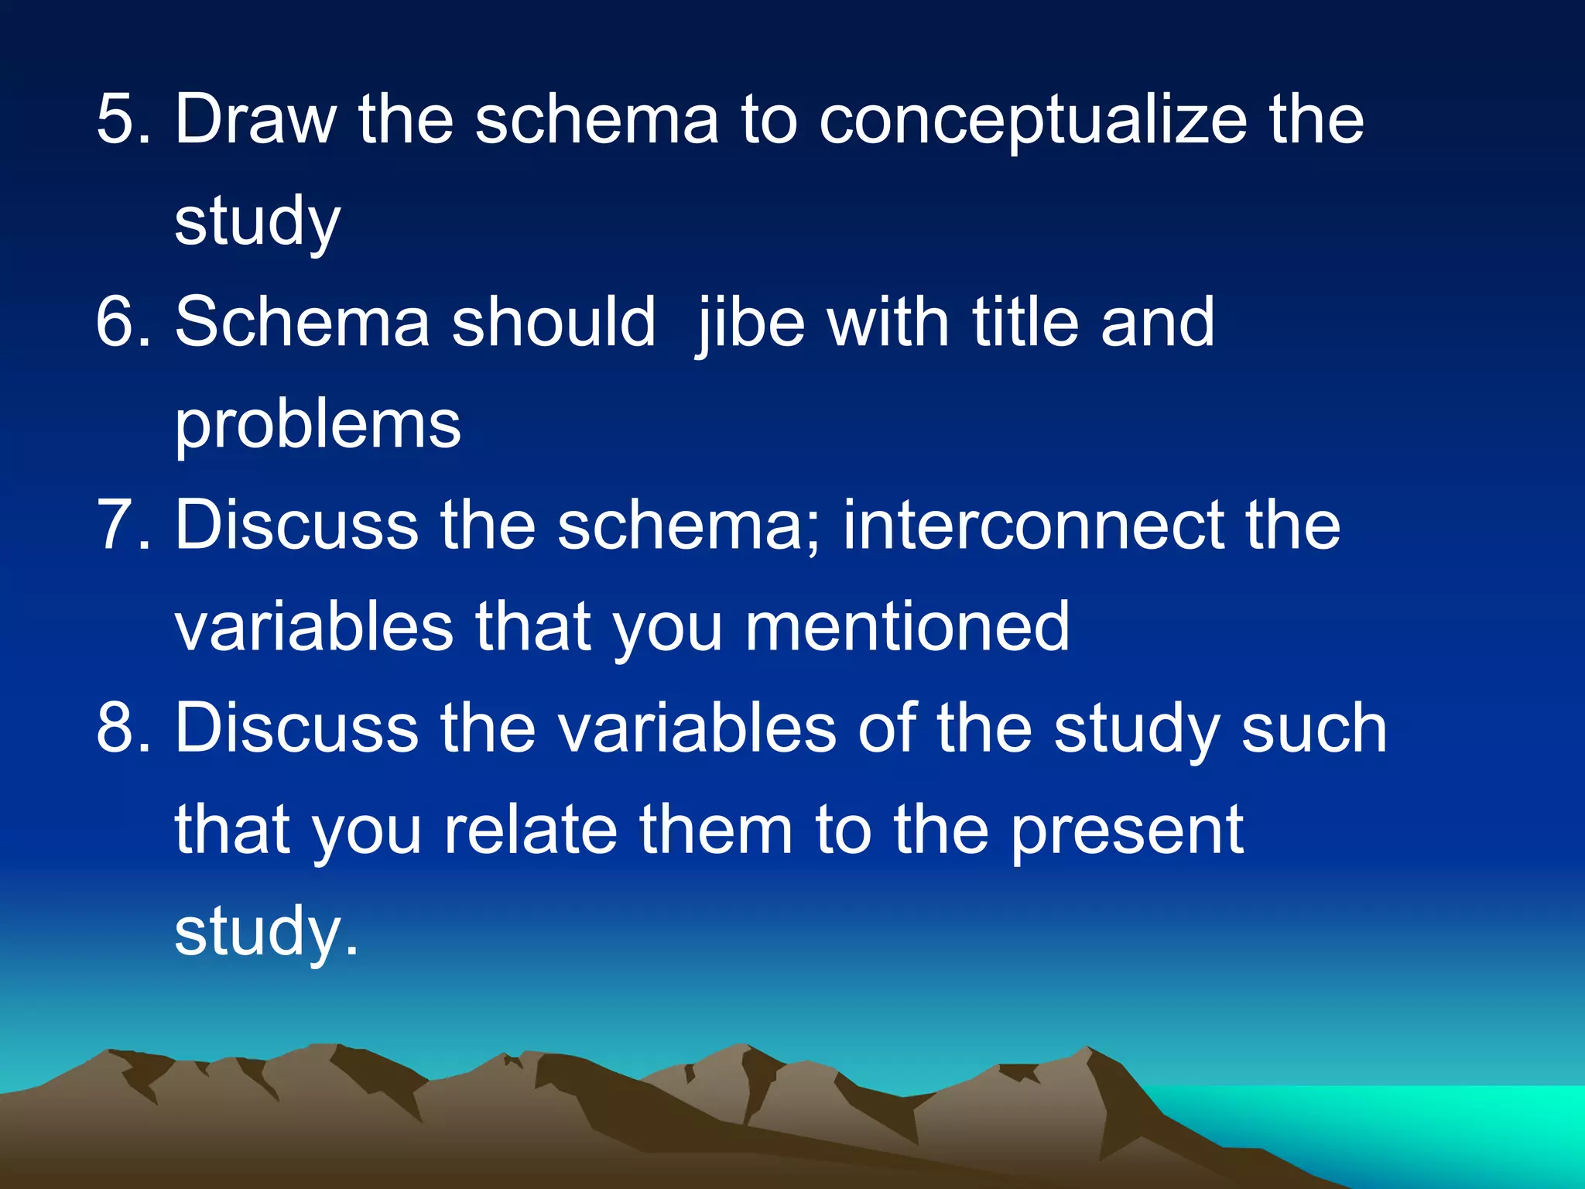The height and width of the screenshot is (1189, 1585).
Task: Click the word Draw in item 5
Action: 255,120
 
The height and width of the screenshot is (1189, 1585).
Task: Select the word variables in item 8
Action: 697,728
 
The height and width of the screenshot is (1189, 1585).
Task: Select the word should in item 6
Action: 553,323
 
